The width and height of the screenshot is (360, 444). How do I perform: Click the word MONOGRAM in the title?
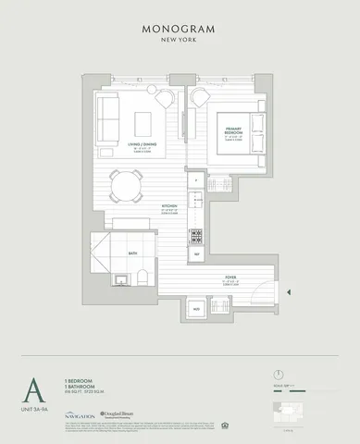coord(180,29)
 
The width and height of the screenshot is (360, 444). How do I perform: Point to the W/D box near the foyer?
coord(195,307)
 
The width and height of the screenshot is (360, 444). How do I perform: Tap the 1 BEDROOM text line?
coord(77,379)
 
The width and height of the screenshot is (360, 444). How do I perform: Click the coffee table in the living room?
coord(143,122)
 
